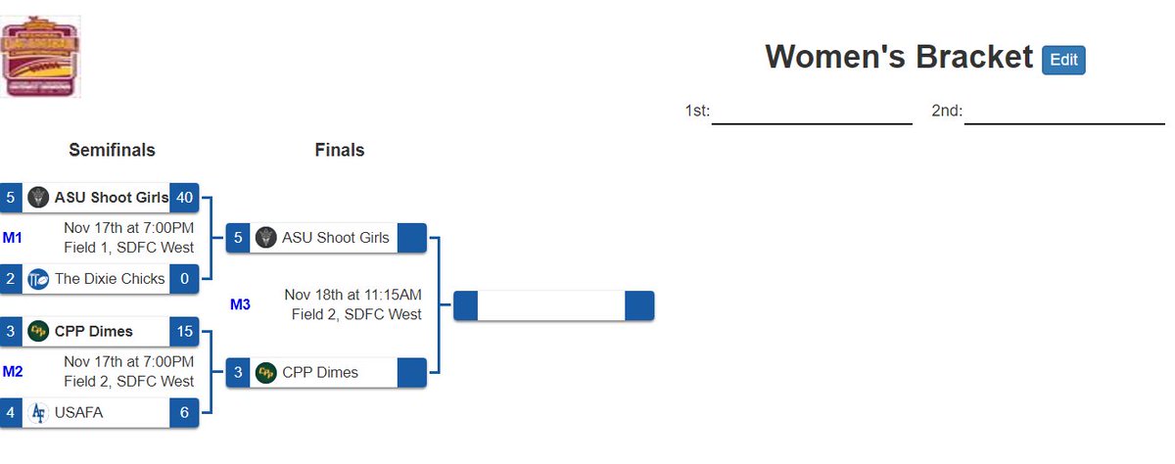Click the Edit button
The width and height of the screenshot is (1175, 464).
[1063, 60]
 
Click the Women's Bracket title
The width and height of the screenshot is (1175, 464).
[898, 58]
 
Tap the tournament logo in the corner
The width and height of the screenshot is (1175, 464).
[41, 57]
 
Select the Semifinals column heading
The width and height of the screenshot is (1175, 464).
[112, 150]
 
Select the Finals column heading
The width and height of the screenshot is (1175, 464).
[339, 150]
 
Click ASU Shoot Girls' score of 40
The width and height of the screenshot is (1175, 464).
[184, 197]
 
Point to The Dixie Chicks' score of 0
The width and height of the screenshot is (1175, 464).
[184, 278]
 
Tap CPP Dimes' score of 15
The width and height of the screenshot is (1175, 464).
[184, 331]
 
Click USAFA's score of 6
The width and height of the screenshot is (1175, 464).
[184, 413]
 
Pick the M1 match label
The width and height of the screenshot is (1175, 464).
[13, 237]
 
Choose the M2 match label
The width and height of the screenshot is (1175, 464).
[13, 371]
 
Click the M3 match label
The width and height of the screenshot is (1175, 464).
[240, 304]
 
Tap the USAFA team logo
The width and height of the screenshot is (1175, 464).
[39, 413]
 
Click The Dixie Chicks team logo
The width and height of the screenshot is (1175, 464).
[39, 278]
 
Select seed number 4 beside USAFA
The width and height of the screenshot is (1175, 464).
[11, 413]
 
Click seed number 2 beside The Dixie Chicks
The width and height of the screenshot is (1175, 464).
[11, 278]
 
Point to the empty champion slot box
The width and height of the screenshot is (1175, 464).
[551, 305]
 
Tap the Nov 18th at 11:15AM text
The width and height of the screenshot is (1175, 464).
[352, 295]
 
